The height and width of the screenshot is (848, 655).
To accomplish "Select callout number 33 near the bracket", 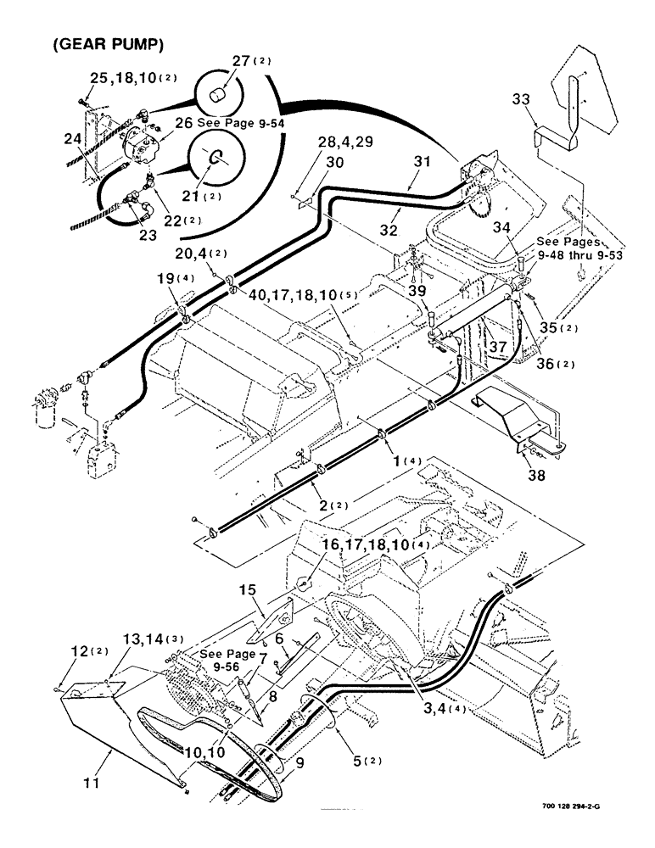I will tap(523, 100).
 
